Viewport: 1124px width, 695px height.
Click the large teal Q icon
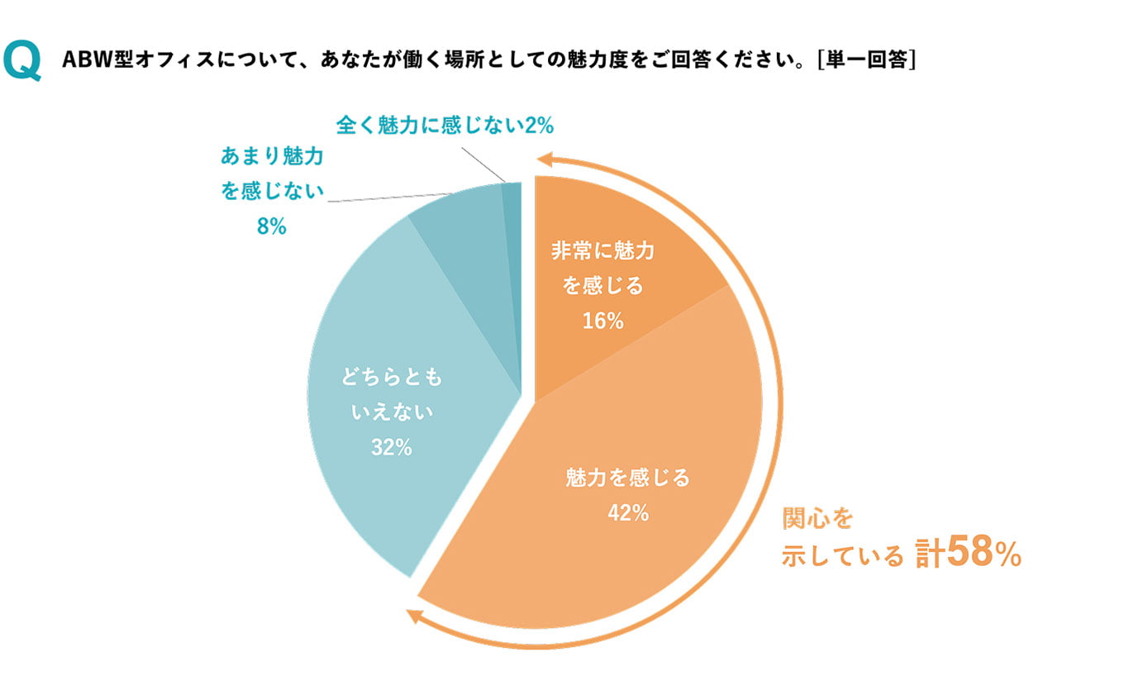22,61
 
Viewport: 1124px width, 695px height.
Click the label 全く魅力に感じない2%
445,126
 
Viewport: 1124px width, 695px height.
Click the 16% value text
602,321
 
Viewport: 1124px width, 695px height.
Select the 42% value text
627,512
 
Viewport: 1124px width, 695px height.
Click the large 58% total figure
983,554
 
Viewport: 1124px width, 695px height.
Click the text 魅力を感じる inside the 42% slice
627,478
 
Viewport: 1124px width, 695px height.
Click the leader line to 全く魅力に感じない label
483,164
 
